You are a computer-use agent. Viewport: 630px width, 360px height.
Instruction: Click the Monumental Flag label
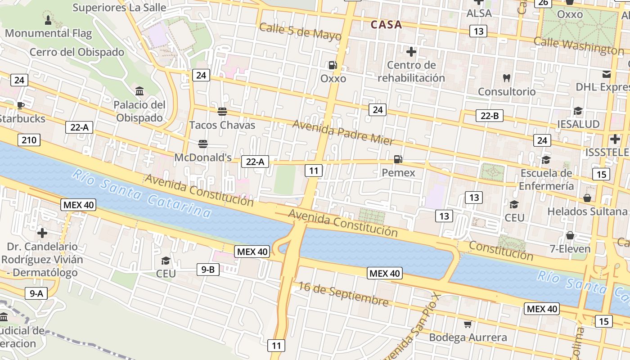pos(48,33)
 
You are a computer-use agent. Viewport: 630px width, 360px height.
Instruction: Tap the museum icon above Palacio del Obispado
pos(139,91)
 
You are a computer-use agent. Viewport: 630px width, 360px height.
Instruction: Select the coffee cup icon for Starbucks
pos(20,105)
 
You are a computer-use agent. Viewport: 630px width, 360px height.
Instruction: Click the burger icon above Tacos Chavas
pos(222,111)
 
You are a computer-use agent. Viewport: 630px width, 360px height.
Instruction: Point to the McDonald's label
pos(202,157)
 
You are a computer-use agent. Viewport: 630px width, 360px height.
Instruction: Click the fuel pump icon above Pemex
pos(398,159)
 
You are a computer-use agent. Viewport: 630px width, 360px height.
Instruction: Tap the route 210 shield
pos(29,140)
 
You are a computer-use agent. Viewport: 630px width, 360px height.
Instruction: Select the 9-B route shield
pos(208,270)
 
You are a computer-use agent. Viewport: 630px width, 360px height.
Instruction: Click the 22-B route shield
pos(490,116)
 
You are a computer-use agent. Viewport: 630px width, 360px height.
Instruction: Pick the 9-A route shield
pos(36,294)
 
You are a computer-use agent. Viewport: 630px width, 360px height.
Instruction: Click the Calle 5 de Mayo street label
pos(300,31)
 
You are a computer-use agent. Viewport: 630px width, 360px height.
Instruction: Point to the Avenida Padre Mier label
pos(343,132)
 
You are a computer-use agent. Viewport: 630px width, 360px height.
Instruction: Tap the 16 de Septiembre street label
pos(343,293)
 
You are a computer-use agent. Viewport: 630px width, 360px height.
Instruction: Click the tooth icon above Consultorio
pos(507,78)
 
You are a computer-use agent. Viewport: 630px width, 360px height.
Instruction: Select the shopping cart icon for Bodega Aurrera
pos(468,324)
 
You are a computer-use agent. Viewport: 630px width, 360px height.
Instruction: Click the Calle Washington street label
pos(579,45)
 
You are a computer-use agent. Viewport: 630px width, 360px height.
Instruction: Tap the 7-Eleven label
pos(570,249)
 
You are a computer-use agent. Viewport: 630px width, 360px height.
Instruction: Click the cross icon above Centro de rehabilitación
pos(411,52)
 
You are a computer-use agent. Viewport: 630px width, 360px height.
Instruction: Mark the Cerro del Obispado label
pos(77,52)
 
